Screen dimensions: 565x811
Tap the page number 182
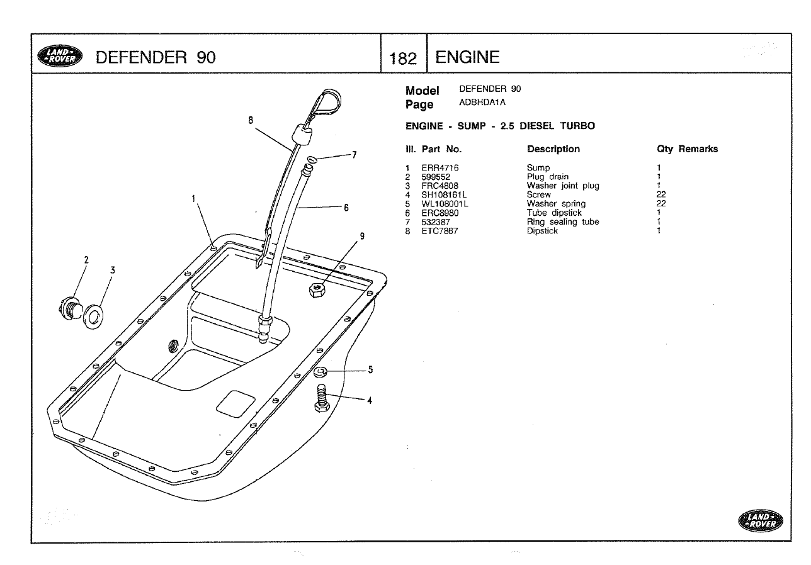(403, 59)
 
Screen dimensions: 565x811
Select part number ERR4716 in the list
(440, 168)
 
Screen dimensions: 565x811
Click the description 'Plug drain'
(547, 177)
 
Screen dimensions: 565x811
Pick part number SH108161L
(444, 195)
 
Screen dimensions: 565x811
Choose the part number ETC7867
(440, 231)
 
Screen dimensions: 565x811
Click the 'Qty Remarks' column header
(687, 149)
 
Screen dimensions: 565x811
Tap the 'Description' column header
(553, 149)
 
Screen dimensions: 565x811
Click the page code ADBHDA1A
(482, 102)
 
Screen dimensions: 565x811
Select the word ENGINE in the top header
(467, 58)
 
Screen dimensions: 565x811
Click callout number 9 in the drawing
(362, 236)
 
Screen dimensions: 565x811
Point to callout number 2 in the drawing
(86, 260)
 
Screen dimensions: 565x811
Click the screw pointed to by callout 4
(322, 400)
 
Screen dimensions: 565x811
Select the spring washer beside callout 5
(320, 372)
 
